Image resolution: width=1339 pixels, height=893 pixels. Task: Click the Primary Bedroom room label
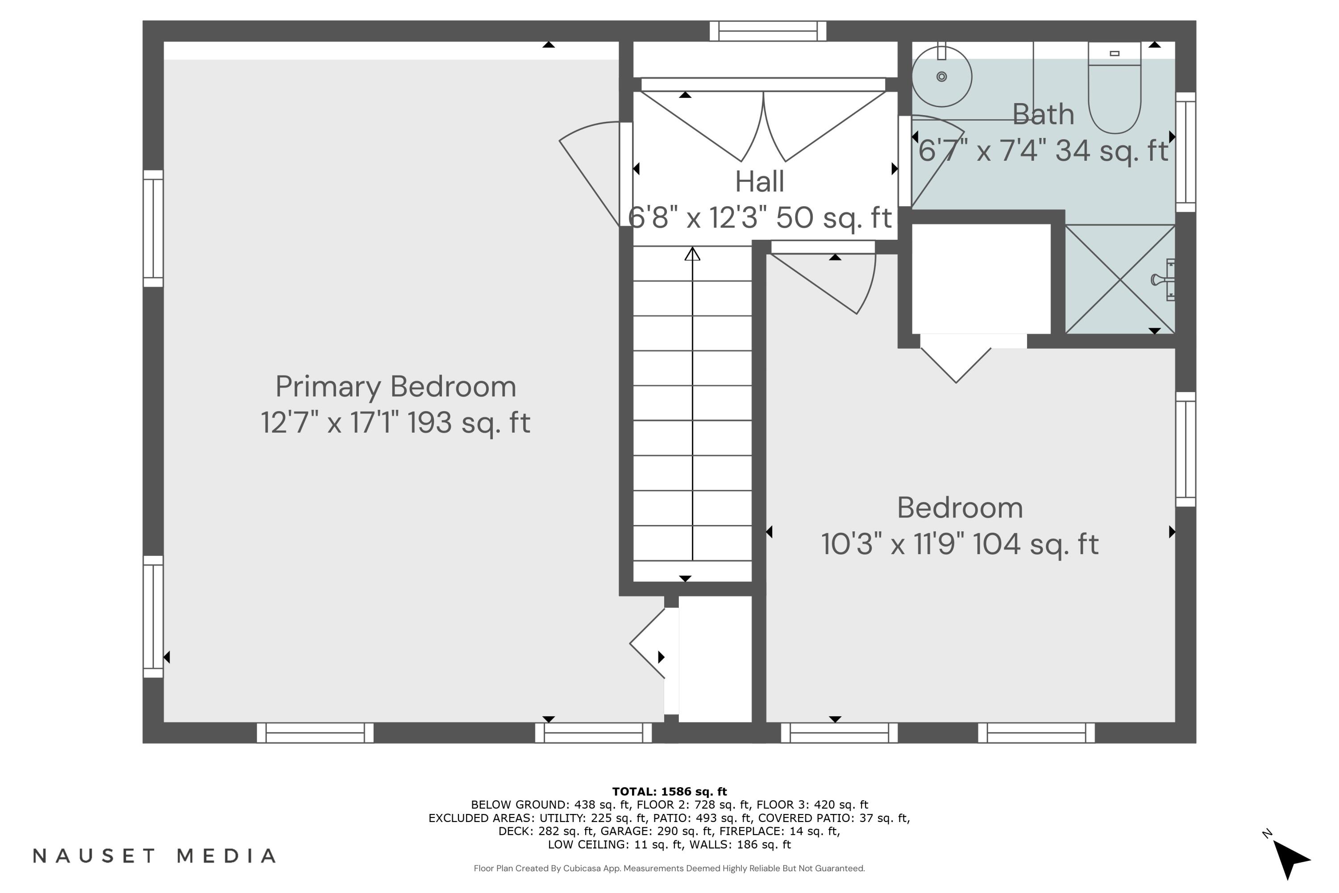(x=395, y=387)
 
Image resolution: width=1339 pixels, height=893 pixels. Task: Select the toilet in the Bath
(x=1114, y=91)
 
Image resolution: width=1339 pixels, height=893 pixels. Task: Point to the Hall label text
(x=760, y=182)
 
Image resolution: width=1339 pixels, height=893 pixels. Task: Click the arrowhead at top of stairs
(x=692, y=254)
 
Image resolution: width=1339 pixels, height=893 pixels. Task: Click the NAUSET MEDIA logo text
(x=155, y=856)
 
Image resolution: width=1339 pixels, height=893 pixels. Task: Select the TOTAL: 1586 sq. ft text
(x=669, y=791)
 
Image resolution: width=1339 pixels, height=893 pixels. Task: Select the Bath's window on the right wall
(x=1185, y=152)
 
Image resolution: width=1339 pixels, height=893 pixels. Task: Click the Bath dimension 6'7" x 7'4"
(x=1043, y=151)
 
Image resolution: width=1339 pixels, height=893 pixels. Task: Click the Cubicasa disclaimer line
(x=669, y=868)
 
